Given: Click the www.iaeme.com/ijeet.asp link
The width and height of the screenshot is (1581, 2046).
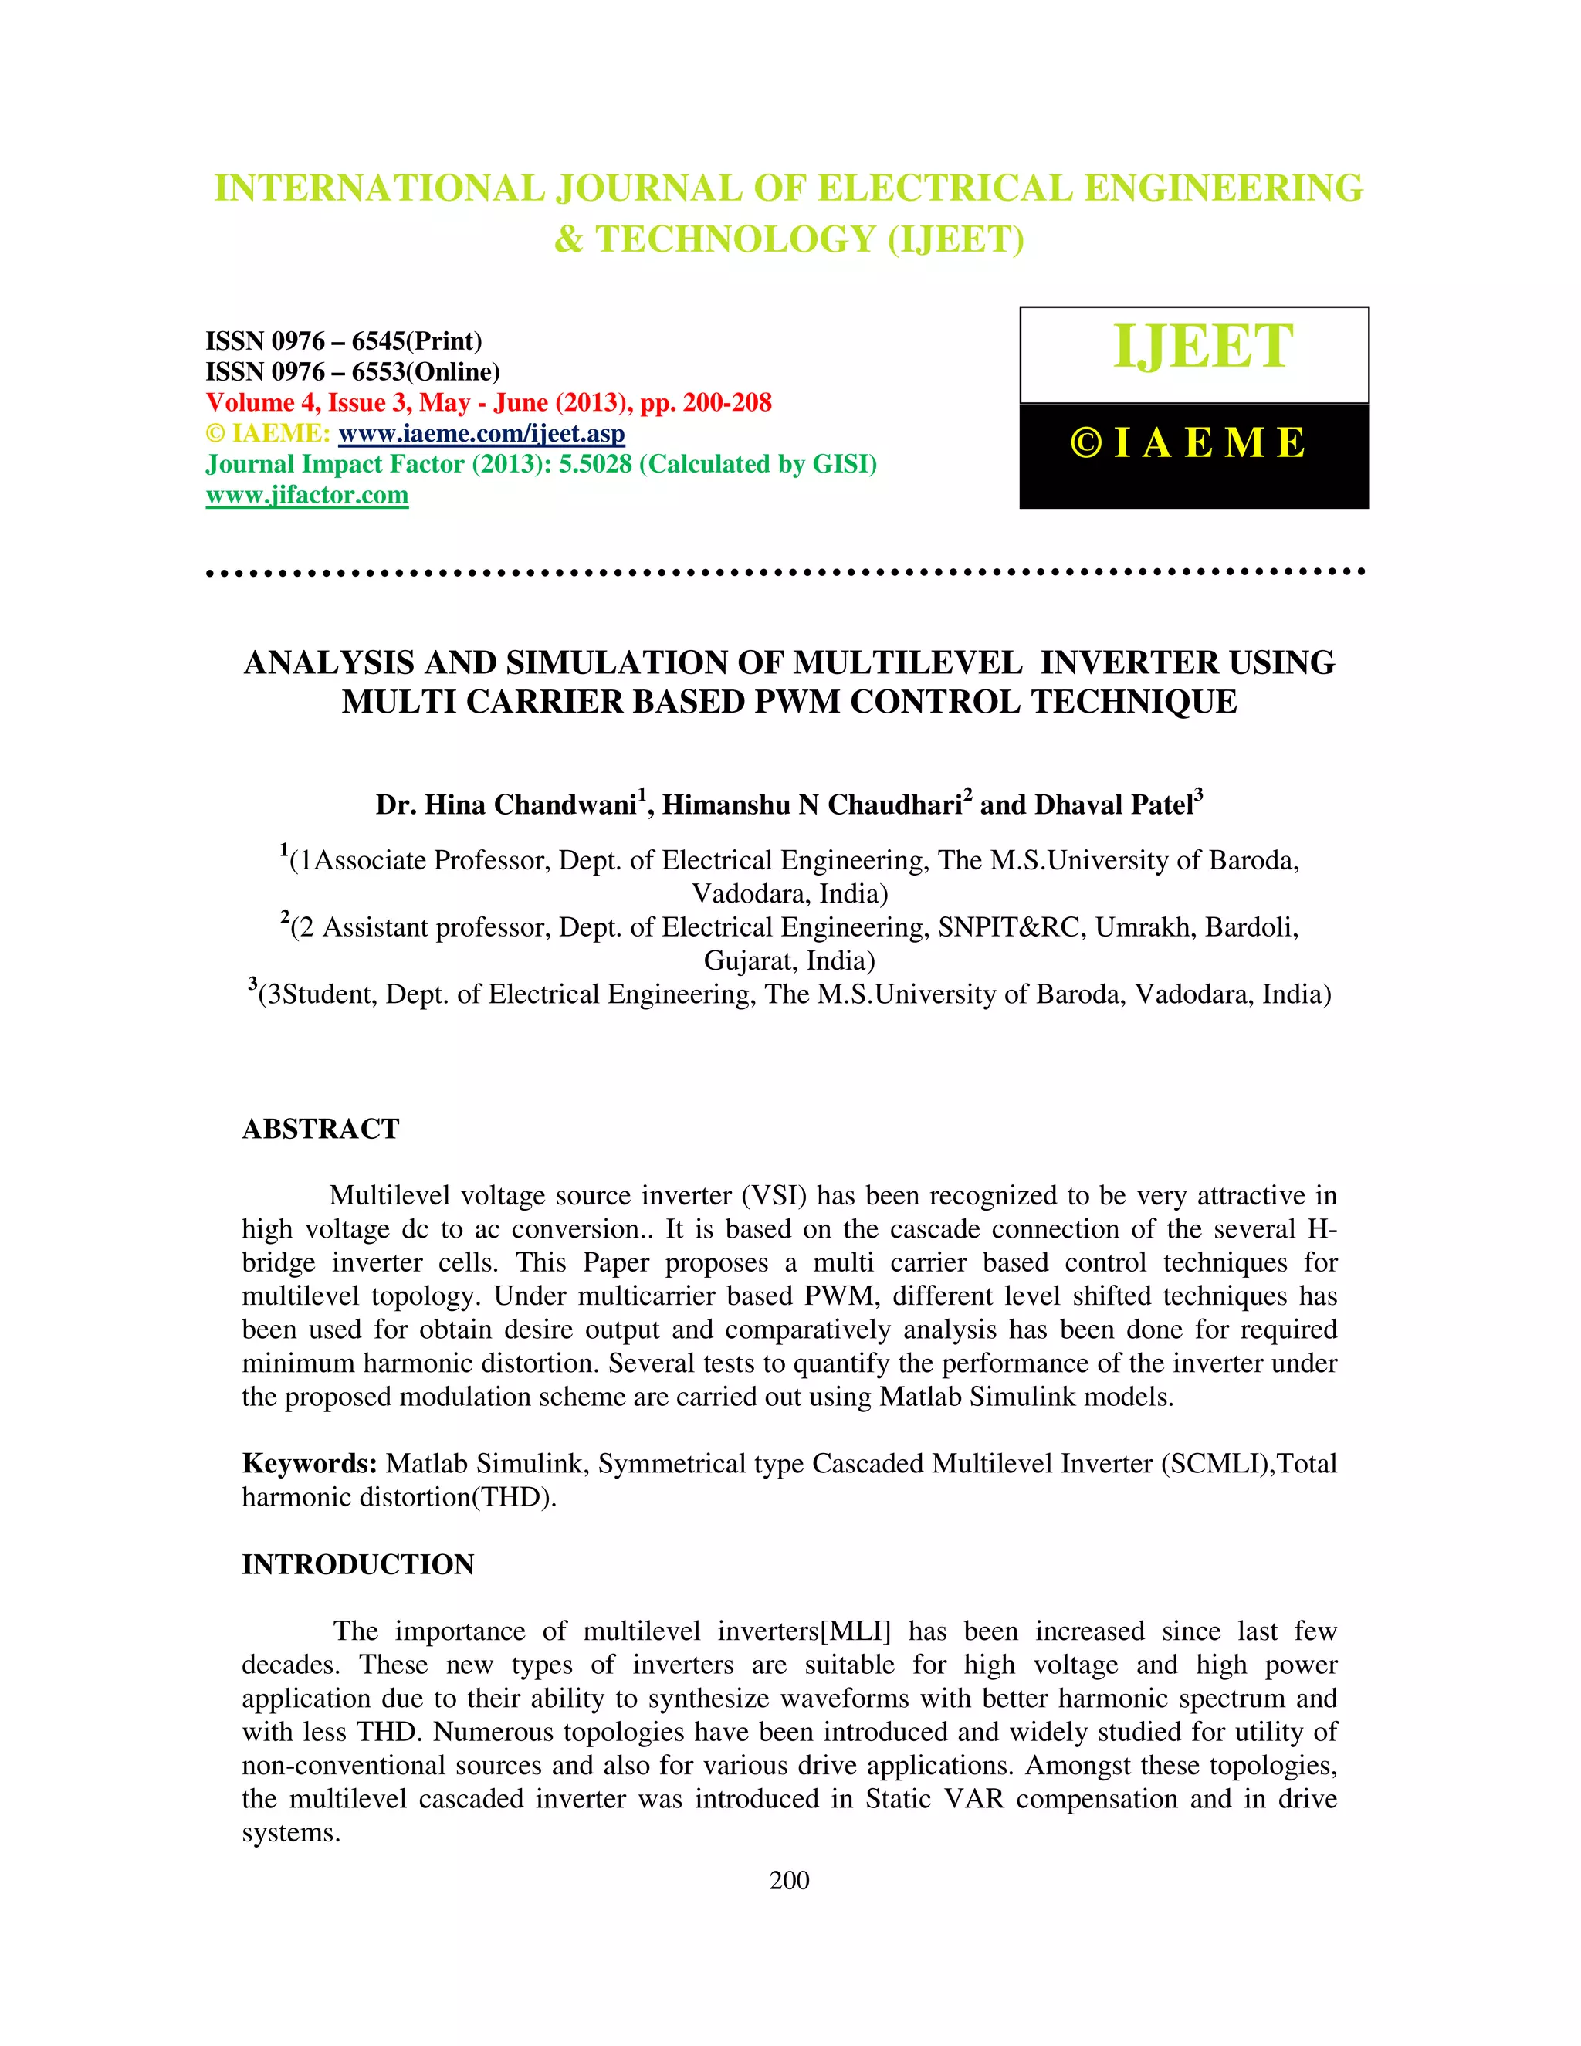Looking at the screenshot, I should pos(482,434).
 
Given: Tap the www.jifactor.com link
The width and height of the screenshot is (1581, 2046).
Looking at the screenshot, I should pos(307,496).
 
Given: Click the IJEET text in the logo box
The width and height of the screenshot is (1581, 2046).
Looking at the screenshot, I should pos(1203,347).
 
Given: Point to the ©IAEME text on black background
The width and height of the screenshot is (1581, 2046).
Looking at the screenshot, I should pos(1187,444).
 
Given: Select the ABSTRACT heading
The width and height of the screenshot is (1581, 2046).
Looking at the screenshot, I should pos(320,1129).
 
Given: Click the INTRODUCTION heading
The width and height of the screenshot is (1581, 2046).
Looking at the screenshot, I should pos(357,1564).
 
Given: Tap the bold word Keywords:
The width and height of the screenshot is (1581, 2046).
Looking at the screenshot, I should pos(309,1463).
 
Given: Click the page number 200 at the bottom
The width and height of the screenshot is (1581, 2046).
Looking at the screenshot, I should pos(789,1880).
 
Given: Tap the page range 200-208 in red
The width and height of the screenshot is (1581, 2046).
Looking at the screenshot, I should pos(726,403).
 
